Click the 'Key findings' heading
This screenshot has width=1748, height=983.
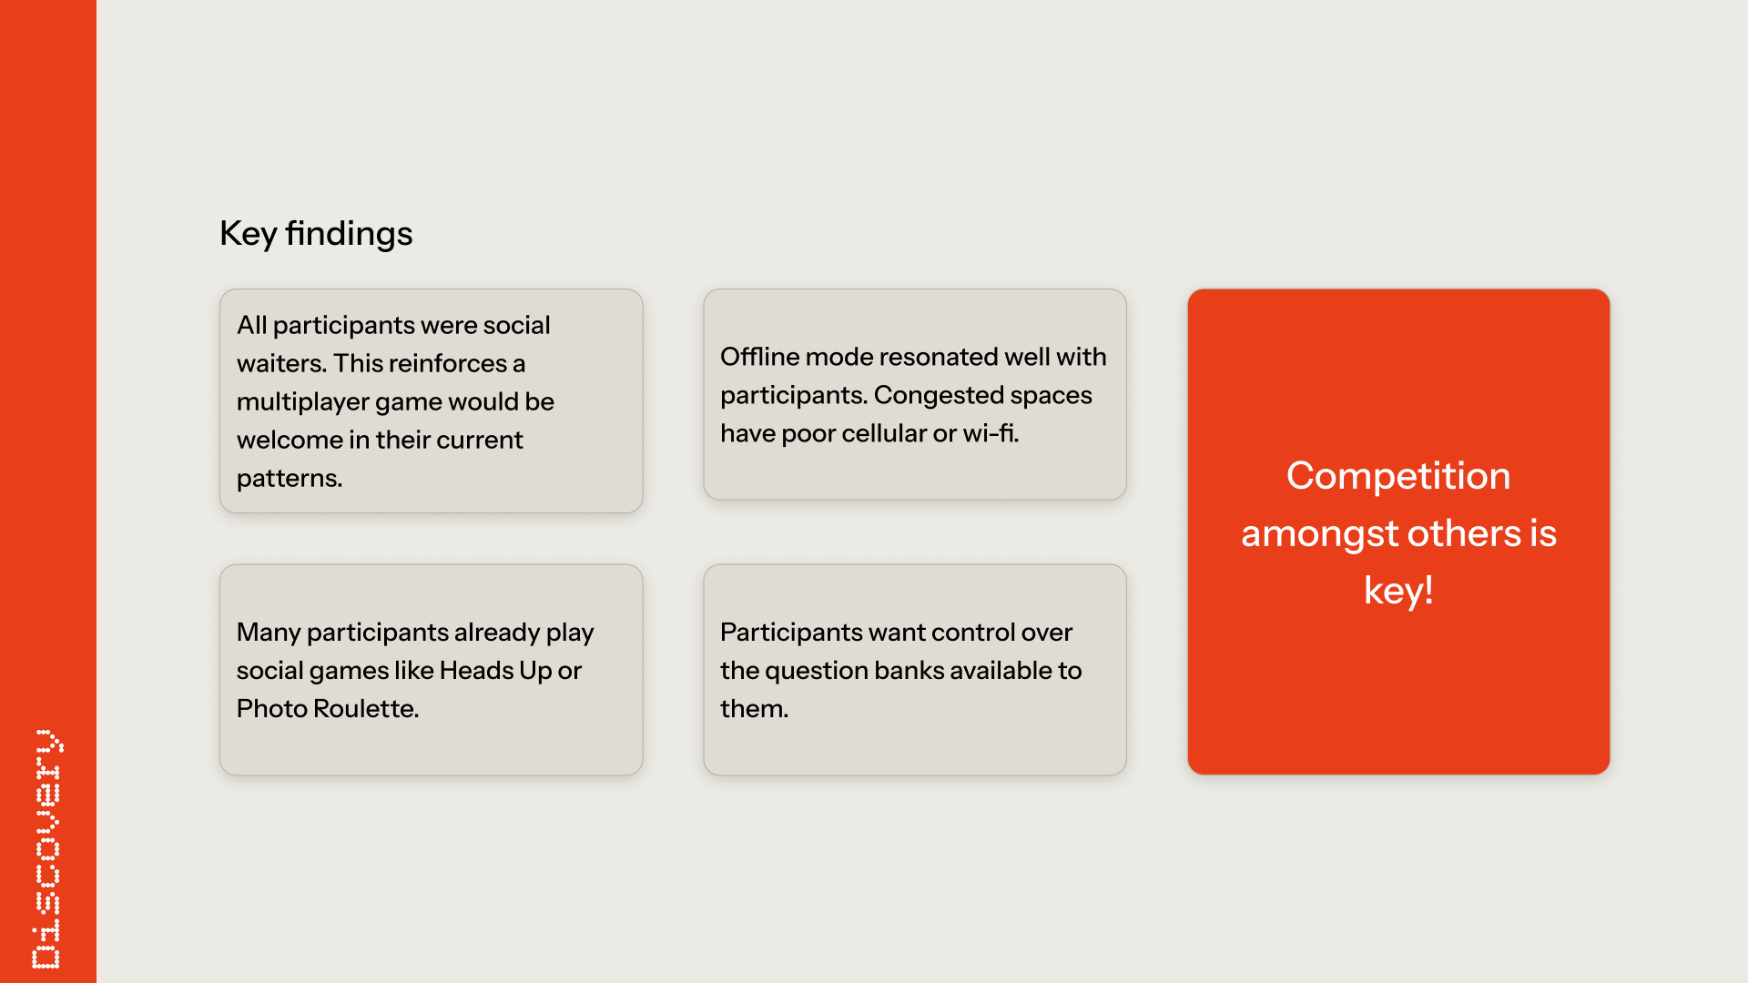tap(316, 234)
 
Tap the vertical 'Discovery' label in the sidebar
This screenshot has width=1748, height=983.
tap(47, 849)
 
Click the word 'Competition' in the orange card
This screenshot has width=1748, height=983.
tap(1398, 476)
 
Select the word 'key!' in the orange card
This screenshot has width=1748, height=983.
tap(1398, 591)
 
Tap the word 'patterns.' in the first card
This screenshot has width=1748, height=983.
tap(290, 479)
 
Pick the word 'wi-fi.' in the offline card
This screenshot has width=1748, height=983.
tap(991, 433)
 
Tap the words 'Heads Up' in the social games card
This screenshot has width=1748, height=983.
tap(495, 671)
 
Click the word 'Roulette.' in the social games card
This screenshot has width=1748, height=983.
tap(366, 708)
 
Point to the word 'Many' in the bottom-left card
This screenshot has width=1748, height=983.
tap(269, 633)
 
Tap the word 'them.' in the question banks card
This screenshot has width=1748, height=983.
tap(754, 708)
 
